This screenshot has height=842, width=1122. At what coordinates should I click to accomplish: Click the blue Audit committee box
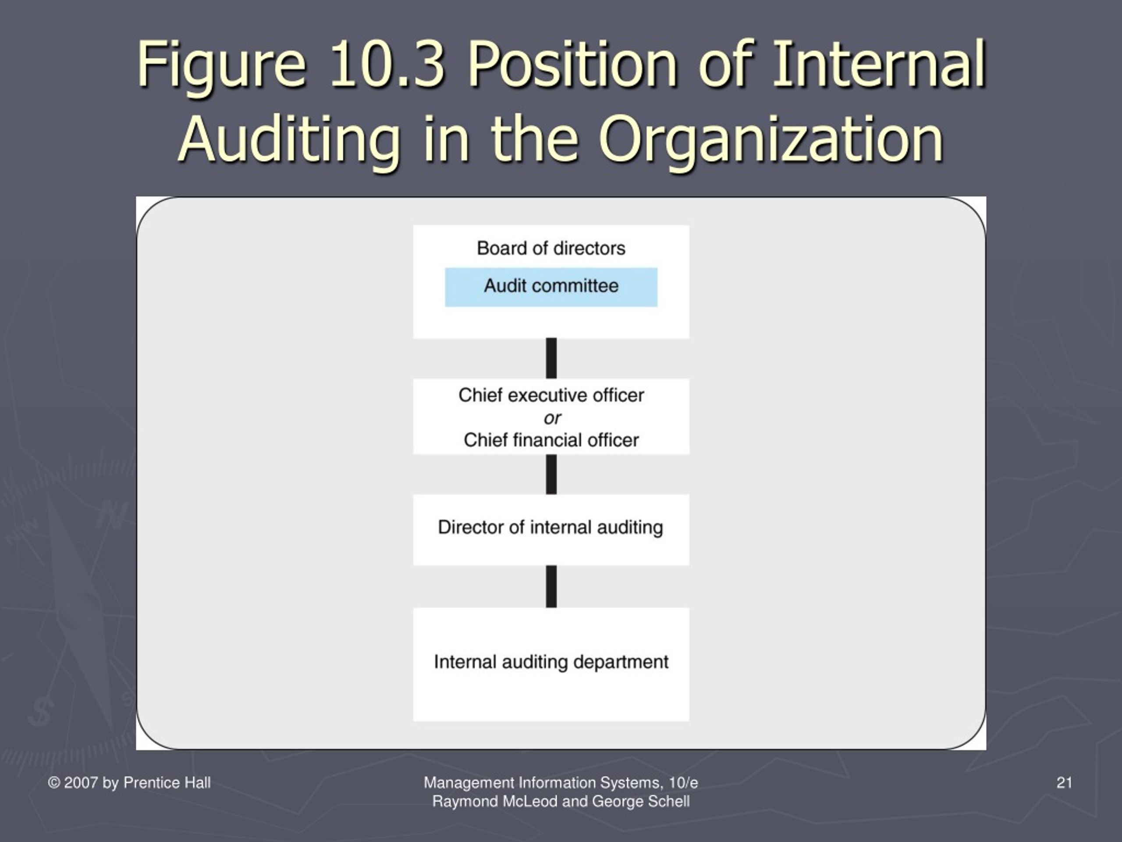551,287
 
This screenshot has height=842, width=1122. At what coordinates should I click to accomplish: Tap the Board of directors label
551,248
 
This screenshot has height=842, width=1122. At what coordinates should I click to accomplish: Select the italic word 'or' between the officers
552,418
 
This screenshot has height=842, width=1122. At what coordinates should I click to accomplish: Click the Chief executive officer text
551,395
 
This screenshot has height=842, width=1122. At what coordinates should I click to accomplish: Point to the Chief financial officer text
551,440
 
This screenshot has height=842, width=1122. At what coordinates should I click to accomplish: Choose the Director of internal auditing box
551,529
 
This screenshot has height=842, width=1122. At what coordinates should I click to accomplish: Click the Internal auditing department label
551,662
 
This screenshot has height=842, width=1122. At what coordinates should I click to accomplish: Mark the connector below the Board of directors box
551,358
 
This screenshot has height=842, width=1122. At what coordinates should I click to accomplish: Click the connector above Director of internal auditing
551,475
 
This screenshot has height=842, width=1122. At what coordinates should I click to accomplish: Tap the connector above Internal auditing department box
551,587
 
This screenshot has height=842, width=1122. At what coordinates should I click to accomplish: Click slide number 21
1064,783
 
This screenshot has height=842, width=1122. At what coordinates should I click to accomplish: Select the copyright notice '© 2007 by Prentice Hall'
129,783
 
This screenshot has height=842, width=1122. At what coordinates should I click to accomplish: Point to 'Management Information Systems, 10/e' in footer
561,783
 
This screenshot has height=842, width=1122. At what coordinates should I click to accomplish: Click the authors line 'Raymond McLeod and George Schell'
561,801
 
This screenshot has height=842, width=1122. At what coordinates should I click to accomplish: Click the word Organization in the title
771,139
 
